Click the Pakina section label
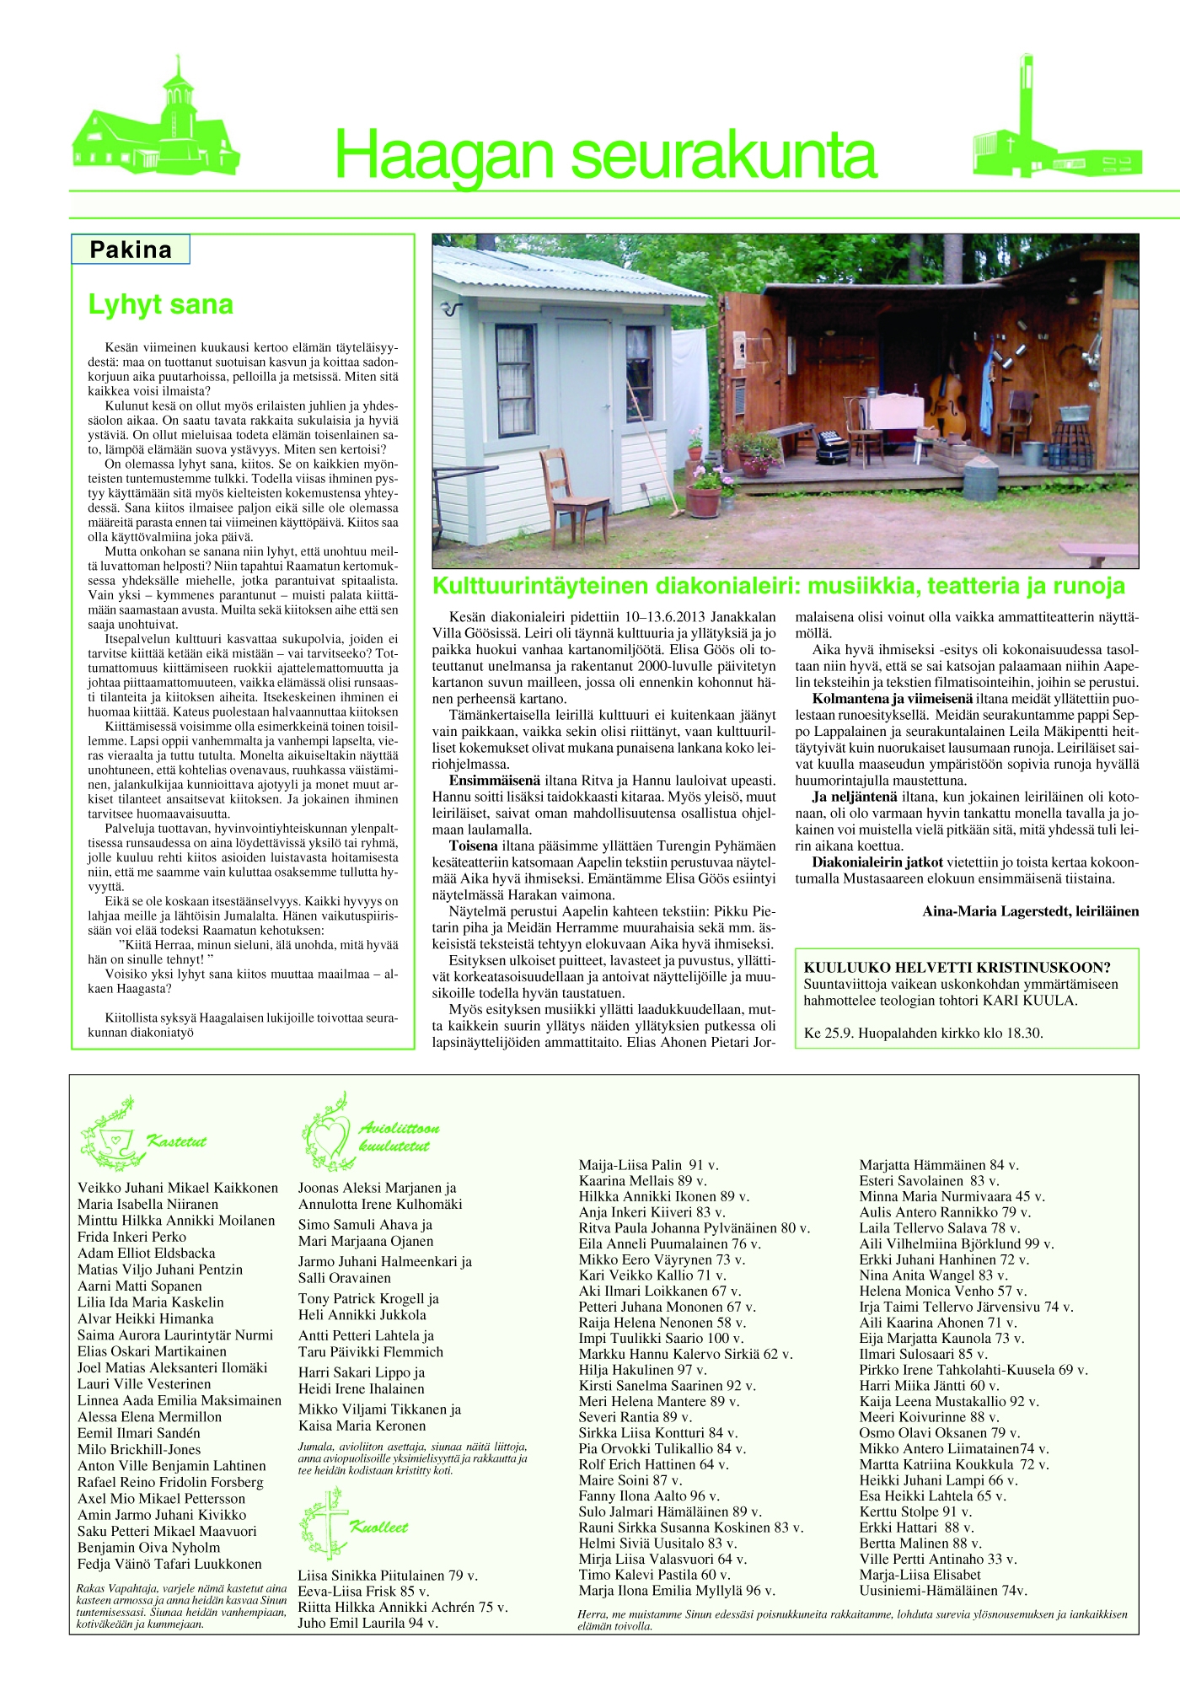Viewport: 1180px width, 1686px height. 131,250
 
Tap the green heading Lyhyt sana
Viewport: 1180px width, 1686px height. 160,304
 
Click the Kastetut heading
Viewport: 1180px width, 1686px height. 177,1141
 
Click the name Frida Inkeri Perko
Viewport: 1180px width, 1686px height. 131,1237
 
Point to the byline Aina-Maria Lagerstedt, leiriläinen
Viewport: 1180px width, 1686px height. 1030,910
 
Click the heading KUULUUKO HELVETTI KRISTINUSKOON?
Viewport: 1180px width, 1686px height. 957,968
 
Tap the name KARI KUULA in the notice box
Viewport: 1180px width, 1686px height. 1028,1001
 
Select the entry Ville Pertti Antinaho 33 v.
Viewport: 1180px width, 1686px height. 937,1559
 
